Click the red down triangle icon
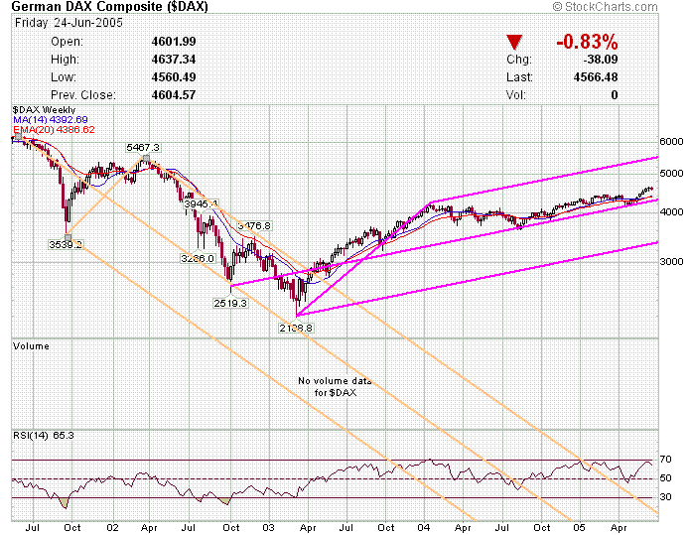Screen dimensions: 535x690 [x=513, y=42]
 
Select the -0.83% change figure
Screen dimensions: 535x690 [x=587, y=42]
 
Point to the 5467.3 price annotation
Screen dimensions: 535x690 [x=143, y=147]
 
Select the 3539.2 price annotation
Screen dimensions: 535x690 [x=66, y=243]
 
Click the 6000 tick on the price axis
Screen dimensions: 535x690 [x=672, y=142]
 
